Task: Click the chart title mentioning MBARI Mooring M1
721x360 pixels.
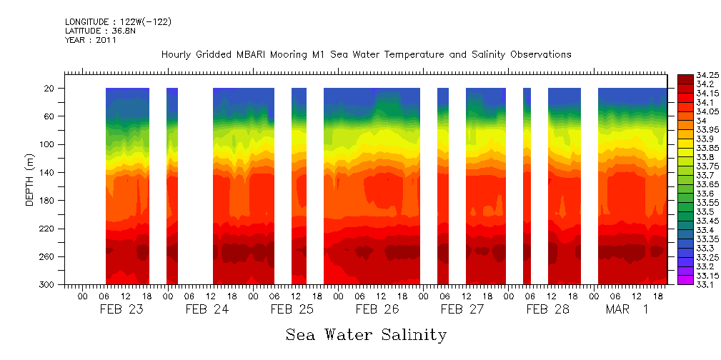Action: click(366, 54)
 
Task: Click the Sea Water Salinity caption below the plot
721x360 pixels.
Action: click(366, 334)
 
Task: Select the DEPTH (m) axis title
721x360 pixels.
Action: click(29, 181)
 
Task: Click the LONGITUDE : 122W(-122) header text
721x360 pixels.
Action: click(118, 22)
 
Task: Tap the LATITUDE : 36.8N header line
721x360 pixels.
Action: click(99, 31)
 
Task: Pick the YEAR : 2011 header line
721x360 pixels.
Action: click(91, 40)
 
